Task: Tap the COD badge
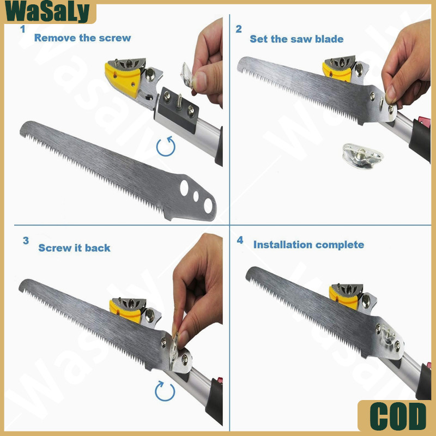(398, 416)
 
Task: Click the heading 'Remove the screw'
(82, 38)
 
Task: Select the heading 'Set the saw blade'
(296, 39)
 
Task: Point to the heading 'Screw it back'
(74, 248)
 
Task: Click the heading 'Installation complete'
(308, 245)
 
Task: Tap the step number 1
(23, 29)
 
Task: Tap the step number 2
(239, 29)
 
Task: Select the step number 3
(26, 240)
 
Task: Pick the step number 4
(240, 240)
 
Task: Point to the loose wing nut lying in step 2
(362, 156)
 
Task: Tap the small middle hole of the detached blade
(196, 196)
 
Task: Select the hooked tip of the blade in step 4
(249, 275)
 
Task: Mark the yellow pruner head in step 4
(343, 298)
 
